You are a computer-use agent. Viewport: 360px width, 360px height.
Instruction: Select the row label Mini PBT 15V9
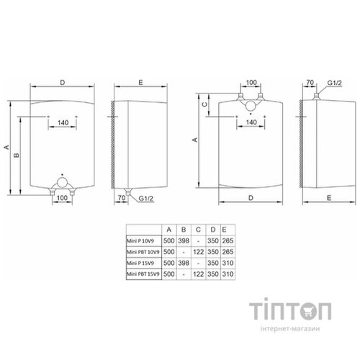141,275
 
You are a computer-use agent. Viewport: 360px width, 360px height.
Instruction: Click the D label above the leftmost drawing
63,83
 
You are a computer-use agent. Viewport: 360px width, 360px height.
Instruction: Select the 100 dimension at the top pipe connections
250,84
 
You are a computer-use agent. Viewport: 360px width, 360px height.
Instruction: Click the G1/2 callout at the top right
331,84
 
